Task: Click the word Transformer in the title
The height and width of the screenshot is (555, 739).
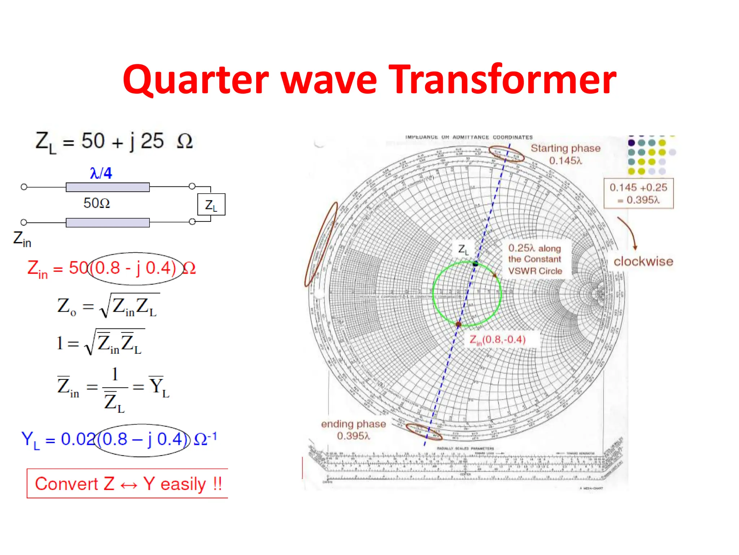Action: click(504, 79)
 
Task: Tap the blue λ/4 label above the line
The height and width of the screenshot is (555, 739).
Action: click(101, 173)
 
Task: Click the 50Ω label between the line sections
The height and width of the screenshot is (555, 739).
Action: click(96, 203)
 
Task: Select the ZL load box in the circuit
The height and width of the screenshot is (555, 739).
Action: click(211, 205)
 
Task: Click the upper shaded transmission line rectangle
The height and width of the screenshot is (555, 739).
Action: click(108, 187)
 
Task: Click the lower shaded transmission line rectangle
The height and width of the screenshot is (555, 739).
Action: click(108, 223)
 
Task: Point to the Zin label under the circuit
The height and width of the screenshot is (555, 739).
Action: click(22, 239)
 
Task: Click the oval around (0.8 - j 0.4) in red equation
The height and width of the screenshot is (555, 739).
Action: click(135, 268)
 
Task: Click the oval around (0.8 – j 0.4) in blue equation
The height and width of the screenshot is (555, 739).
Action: click(142, 440)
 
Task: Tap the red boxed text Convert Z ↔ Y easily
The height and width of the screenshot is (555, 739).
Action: click(128, 484)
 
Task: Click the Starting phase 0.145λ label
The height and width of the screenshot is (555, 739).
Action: click(565, 154)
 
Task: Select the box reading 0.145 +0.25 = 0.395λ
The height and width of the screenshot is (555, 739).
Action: click(638, 193)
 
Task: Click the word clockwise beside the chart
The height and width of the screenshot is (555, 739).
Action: click(643, 261)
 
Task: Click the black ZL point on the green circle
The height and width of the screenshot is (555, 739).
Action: click(475, 264)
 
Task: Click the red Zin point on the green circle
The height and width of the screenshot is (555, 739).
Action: click(458, 324)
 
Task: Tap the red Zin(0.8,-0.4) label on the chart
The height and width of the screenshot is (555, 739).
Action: click(497, 340)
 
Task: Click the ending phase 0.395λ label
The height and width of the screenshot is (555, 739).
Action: click(353, 430)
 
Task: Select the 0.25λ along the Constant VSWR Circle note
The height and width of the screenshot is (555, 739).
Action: click(535, 259)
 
